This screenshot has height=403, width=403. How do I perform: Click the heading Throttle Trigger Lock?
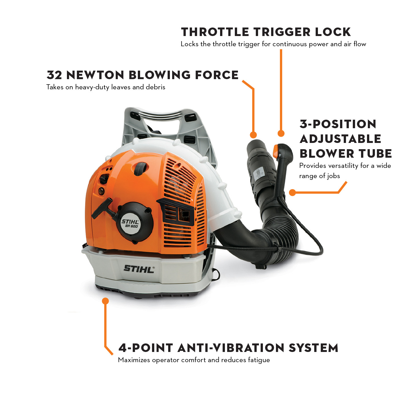266,32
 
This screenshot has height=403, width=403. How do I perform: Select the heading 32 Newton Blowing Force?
142,75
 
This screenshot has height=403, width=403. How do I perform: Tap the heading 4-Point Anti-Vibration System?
228,348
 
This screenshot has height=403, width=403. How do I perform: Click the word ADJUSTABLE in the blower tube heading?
340,139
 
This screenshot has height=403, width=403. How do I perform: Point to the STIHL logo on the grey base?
139,269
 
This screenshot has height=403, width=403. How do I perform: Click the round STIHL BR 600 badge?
130,223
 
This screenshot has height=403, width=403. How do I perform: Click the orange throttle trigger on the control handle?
275,151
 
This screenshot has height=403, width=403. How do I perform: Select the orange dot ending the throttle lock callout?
281,133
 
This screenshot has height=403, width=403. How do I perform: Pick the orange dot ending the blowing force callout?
253,135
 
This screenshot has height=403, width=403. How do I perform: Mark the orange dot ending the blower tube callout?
292,193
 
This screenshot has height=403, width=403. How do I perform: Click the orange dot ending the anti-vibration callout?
106,301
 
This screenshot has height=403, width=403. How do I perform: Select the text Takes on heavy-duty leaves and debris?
106,87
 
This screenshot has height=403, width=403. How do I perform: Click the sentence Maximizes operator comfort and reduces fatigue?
194,360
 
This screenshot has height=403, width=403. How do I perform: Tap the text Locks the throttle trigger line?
273,44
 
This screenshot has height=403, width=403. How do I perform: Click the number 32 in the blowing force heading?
54,75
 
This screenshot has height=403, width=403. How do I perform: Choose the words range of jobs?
320,176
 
